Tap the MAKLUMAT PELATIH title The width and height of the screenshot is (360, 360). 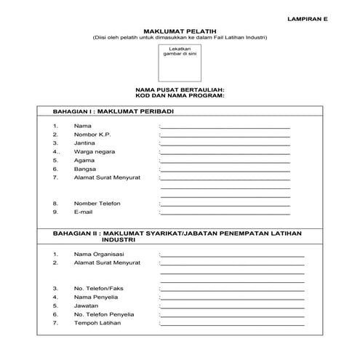(x=174, y=31)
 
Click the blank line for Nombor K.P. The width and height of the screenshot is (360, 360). (x=225, y=135)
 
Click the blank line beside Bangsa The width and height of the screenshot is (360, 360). (x=225, y=169)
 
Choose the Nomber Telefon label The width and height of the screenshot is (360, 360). (x=97, y=203)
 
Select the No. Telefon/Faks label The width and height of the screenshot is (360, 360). (x=99, y=289)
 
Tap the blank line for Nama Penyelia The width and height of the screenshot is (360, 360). (x=232, y=297)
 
